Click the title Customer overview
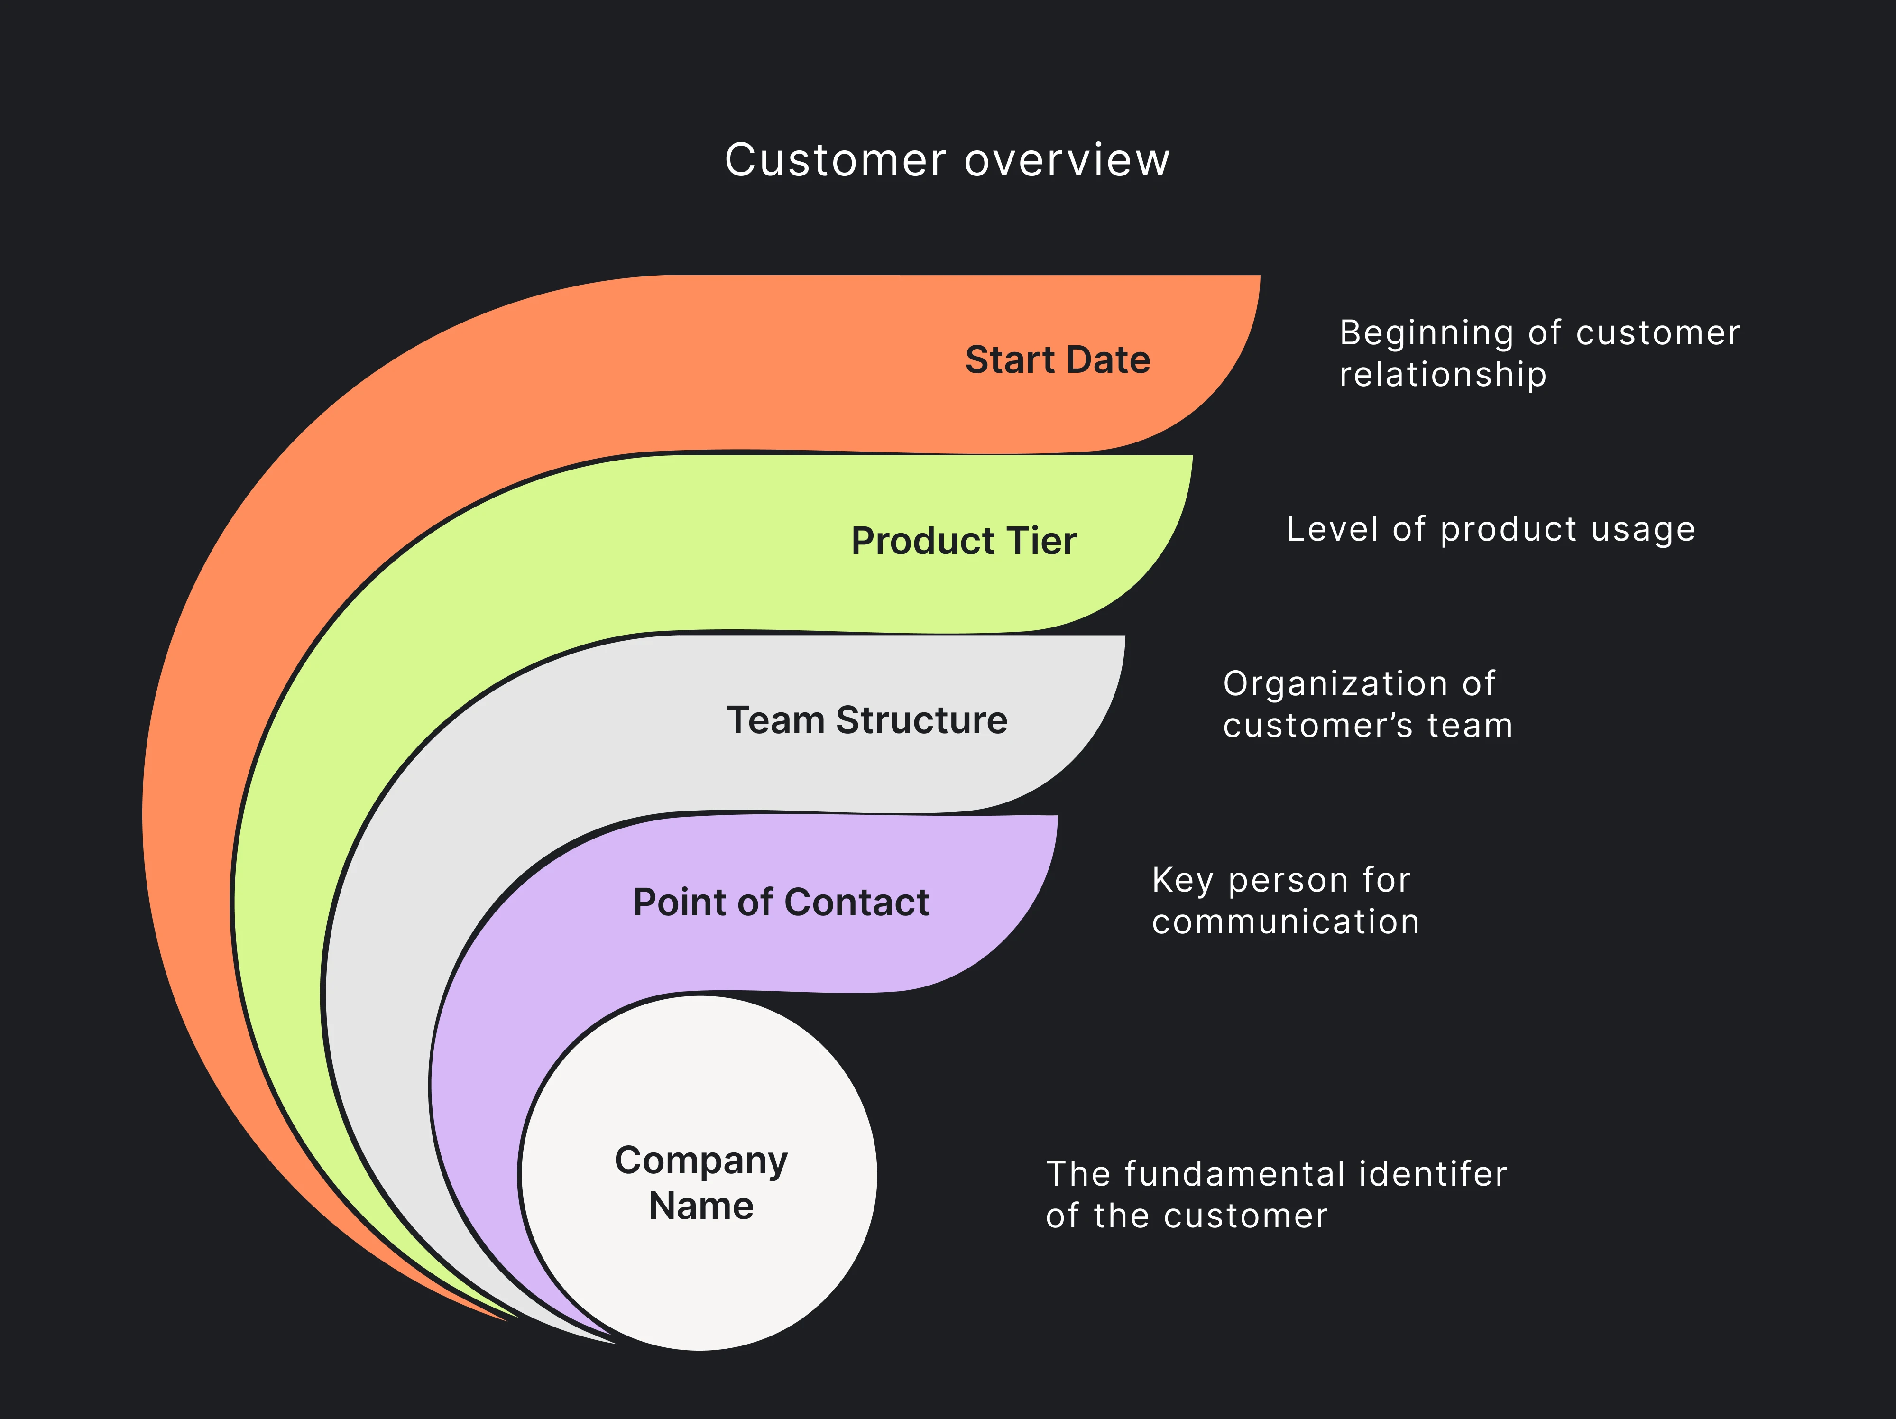coord(947,160)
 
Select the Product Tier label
coord(964,541)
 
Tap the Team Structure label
coord(866,720)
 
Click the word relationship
coord(1443,375)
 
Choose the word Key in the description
coord(1182,881)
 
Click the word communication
coord(1285,921)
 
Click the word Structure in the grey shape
coord(921,720)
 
